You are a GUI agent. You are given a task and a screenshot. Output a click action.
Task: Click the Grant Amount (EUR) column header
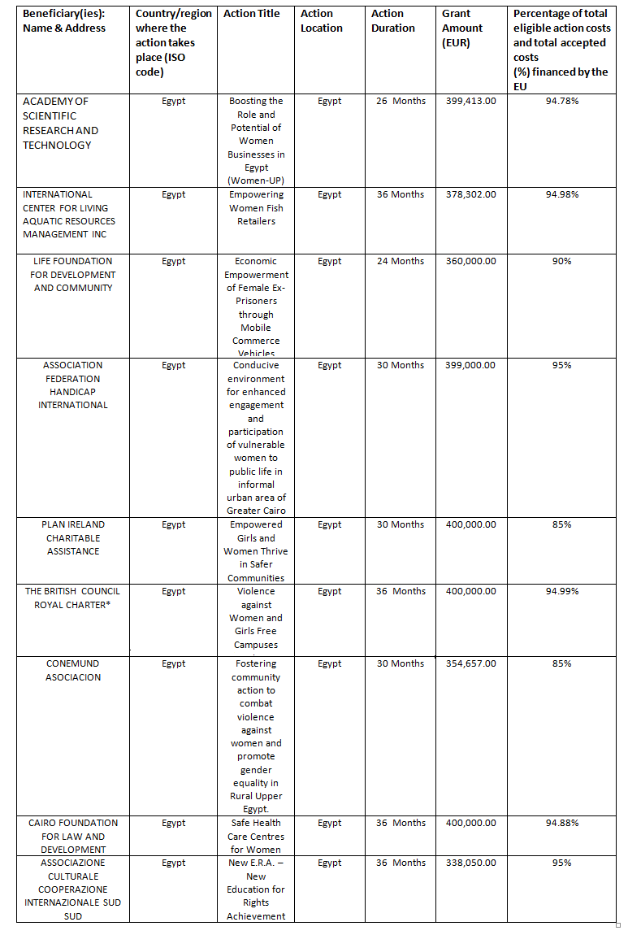pyautogui.click(x=462, y=28)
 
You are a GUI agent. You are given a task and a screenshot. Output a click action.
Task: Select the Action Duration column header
pyautogui.click(x=388, y=20)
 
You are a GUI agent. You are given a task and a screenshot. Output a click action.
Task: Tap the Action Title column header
pyautogui.click(x=252, y=14)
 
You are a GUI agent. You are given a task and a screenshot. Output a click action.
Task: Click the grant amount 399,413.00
pyautogui.click(x=471, y=101)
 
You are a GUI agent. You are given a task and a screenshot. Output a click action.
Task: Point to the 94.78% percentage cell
pyautogui.click(x=562, y=101)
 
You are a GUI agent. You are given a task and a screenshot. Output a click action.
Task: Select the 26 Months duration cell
pyautogui.click(x=401, y=101)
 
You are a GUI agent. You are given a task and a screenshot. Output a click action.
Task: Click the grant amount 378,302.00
pyautogui.click(x=471, y=194)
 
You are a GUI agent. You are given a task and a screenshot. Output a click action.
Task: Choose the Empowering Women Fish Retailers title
pyautogui.click(x=256, y=207)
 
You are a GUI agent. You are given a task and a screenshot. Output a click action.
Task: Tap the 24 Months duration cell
pyautogui.click(x=401, y=261)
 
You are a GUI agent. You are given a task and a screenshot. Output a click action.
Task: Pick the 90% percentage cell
pyautogui.click(x=562, y=261)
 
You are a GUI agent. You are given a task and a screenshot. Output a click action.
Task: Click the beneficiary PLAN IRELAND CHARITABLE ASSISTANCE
pyautogui.click(x=73, y=537)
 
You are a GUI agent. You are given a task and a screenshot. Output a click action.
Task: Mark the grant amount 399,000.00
pyautogui.click(x=471, y=365)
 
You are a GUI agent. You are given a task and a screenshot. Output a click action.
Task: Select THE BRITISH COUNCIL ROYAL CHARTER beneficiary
pyautogui.click(x=73, y=598)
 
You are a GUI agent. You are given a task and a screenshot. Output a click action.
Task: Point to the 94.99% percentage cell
pyautogui.click(x=562, y=591)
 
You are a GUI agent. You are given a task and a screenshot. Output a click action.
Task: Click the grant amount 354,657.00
pyautogui.click(x=471, y=663)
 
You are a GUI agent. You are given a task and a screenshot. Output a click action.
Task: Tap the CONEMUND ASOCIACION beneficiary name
pyautogui.click(x=73, y=670)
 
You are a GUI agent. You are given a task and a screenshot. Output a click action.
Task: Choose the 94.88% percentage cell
pyautogui.click(x=562, y=823)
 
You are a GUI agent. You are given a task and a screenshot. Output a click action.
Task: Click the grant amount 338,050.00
pyautogui.click(x=471, y=863)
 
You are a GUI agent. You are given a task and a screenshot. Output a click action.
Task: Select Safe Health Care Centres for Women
pyautogui.click(x=256, y=836)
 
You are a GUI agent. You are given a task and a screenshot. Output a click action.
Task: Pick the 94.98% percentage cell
pyautogui.click(x=562, y=194)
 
